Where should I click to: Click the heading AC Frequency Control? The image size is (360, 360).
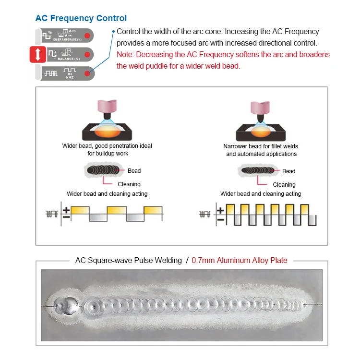(81, 18)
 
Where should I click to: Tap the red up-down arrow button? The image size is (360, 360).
(39, 55)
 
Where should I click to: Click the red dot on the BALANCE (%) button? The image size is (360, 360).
(87, 55)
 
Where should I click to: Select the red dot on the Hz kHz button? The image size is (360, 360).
(87, 73)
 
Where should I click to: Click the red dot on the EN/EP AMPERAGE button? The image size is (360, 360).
(87, 36)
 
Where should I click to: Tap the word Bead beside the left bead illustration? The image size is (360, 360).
(134, 171)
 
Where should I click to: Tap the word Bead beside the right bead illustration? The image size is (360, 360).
(289, 171)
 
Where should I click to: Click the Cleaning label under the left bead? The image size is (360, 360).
(129, 184)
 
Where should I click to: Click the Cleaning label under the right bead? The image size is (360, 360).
(284, 185)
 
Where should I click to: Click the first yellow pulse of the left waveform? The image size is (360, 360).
(80, 210)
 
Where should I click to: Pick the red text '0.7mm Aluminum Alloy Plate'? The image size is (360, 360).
(240, 261)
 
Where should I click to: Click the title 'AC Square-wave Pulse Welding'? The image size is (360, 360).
(129, 261)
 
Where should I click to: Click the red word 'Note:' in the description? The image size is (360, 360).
(125, 54)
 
